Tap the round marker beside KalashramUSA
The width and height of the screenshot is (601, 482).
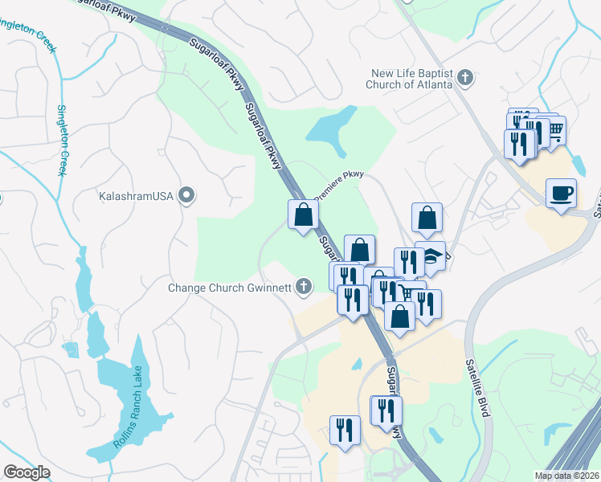[x=187, y=194]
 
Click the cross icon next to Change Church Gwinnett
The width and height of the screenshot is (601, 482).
[x=304, y=285]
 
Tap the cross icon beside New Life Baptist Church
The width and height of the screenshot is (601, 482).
[x=464, y=78]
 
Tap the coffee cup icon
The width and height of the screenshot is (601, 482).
[x=561, y=194]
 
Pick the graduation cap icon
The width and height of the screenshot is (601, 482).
[x=431, y=256]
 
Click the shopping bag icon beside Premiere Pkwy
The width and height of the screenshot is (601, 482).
[x=303, y=214]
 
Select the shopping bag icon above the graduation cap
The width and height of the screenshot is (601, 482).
[x=427, y=217]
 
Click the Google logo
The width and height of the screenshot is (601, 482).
[x=27, y=472]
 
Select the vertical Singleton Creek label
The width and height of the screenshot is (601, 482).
[x=61, y=141]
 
